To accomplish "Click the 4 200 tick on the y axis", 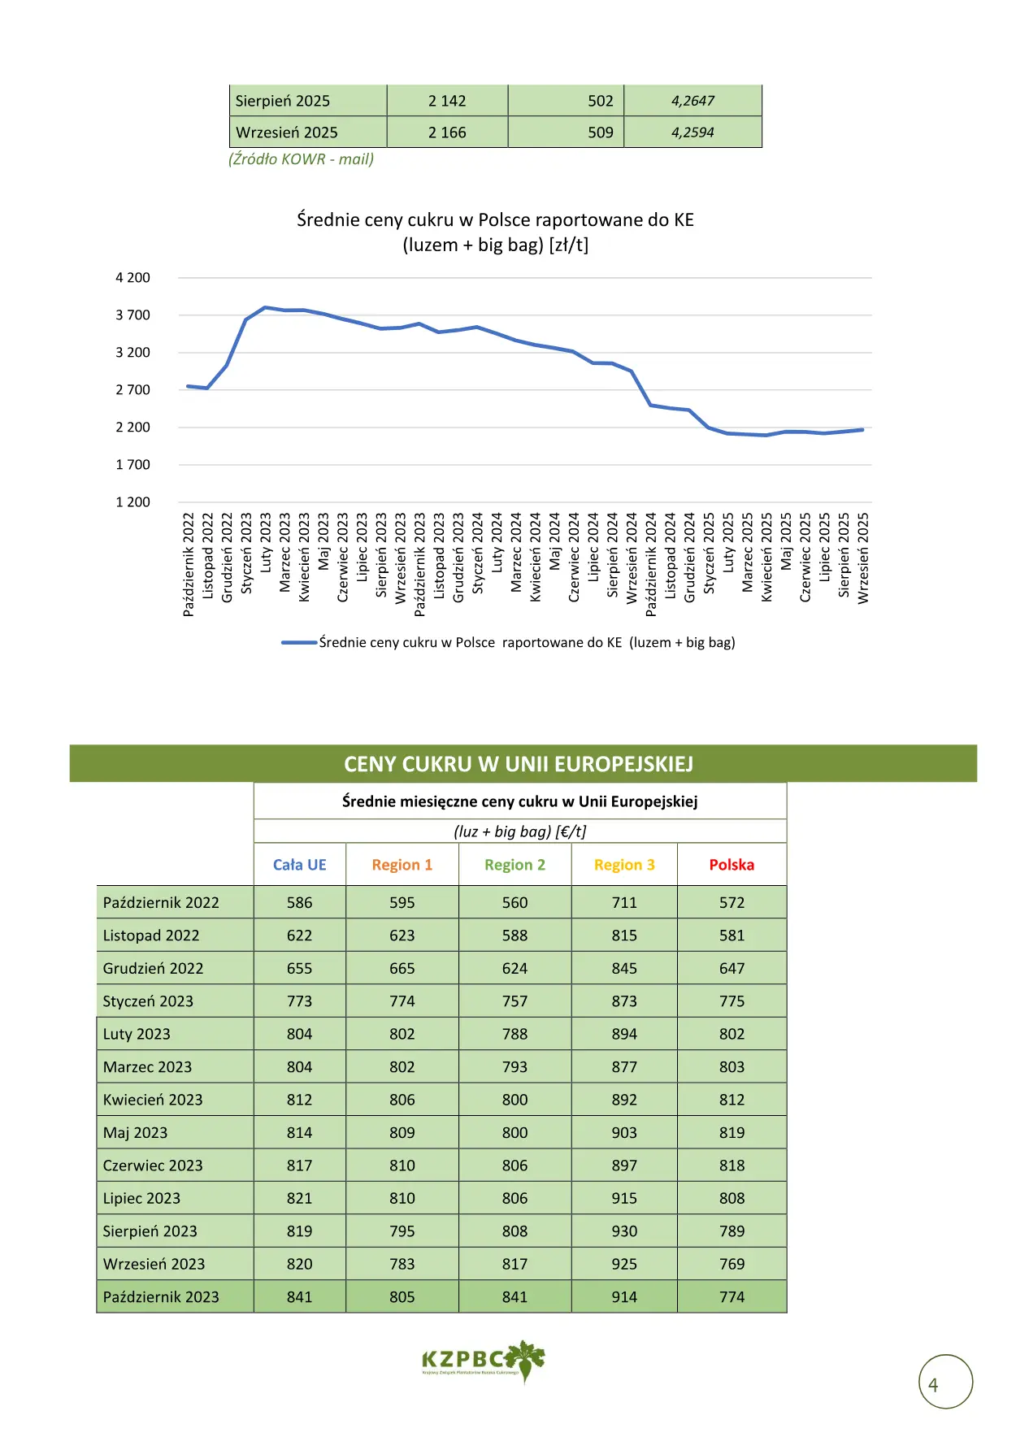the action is (x=132, y=278).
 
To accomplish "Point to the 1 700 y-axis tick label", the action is (x=132, y=465).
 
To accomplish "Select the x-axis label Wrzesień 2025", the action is (x=863, y=558).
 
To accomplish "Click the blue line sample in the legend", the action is (x=299, y=643).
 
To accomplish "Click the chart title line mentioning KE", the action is (x=495, y=220).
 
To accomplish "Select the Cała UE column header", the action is (x=299, y=865).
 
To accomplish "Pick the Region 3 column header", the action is (x=624, y=865).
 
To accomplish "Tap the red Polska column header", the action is (x=732, y=865).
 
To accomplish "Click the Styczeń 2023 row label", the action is (x=148, y=1001).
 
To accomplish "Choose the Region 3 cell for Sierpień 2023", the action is (x=624, y=1231).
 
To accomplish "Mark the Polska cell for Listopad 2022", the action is (x=732, y=936).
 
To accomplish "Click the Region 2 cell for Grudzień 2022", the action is (x=515, y=969).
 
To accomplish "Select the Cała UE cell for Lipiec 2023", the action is (x=299, y=1199).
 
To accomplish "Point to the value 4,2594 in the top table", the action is (x=693, y=132).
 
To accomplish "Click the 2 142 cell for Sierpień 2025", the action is (x=447, y=101).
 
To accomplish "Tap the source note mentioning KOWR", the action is (x=301, y=159).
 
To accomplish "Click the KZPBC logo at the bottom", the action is (x=484, y=1360).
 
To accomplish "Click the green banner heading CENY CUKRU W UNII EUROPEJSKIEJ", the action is (x=519, y=765).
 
